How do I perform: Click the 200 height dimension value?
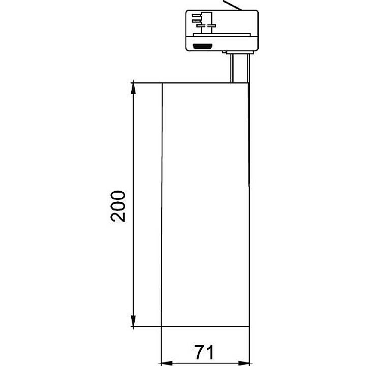118,206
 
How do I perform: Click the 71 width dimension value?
204,352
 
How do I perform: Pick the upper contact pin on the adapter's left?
196,15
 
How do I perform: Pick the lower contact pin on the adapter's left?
196,21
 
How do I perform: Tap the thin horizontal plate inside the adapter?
221,35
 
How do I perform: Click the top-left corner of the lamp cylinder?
162,83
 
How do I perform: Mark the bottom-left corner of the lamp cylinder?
162,326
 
